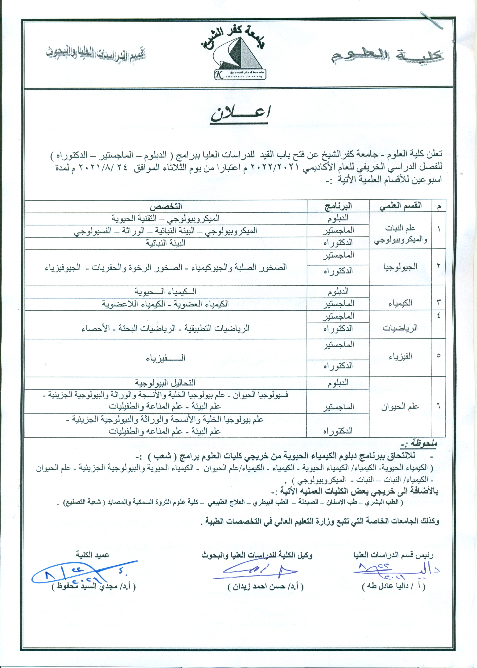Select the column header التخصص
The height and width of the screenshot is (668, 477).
click(x=166, y=206)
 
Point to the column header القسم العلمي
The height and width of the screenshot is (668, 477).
click(x=400, y=206)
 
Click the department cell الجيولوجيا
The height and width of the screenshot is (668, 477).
click(x=400, y=267)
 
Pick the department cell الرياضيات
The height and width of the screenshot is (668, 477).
click(x=400, y=328)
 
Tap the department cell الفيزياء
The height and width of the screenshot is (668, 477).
click(x=400, y=357)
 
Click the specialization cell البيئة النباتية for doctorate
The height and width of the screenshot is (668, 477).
click(x=166, y=243)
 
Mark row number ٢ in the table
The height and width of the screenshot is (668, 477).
click(x=438, y=267)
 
